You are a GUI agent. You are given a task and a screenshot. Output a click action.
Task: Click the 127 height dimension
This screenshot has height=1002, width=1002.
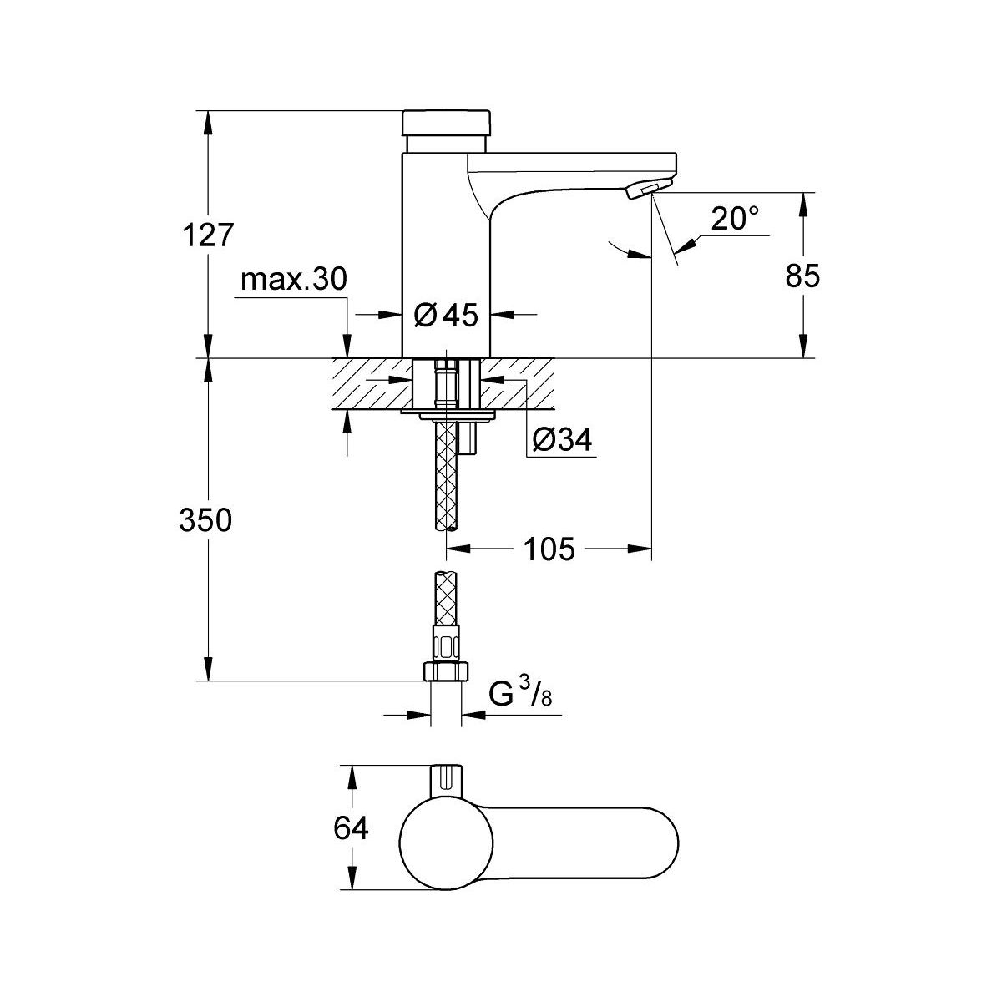point(208,235)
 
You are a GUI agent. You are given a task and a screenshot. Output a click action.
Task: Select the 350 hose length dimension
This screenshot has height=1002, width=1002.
point(205,520)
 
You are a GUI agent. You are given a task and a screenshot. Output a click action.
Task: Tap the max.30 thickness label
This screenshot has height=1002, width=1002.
point(293,280)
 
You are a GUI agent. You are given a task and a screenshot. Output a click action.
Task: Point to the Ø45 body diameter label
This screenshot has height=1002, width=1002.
point(446,315)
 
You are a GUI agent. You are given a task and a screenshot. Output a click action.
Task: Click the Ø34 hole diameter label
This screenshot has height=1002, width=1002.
point(562,440)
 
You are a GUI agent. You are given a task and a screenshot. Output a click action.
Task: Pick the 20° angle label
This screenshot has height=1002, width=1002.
point(735,219)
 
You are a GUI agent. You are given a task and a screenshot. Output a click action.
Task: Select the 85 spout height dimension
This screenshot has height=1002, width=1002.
point(802,276)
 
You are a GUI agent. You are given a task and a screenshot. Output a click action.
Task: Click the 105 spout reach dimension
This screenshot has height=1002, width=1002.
point(549,549)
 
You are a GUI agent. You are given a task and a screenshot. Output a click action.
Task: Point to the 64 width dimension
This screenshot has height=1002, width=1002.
point(351,828)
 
